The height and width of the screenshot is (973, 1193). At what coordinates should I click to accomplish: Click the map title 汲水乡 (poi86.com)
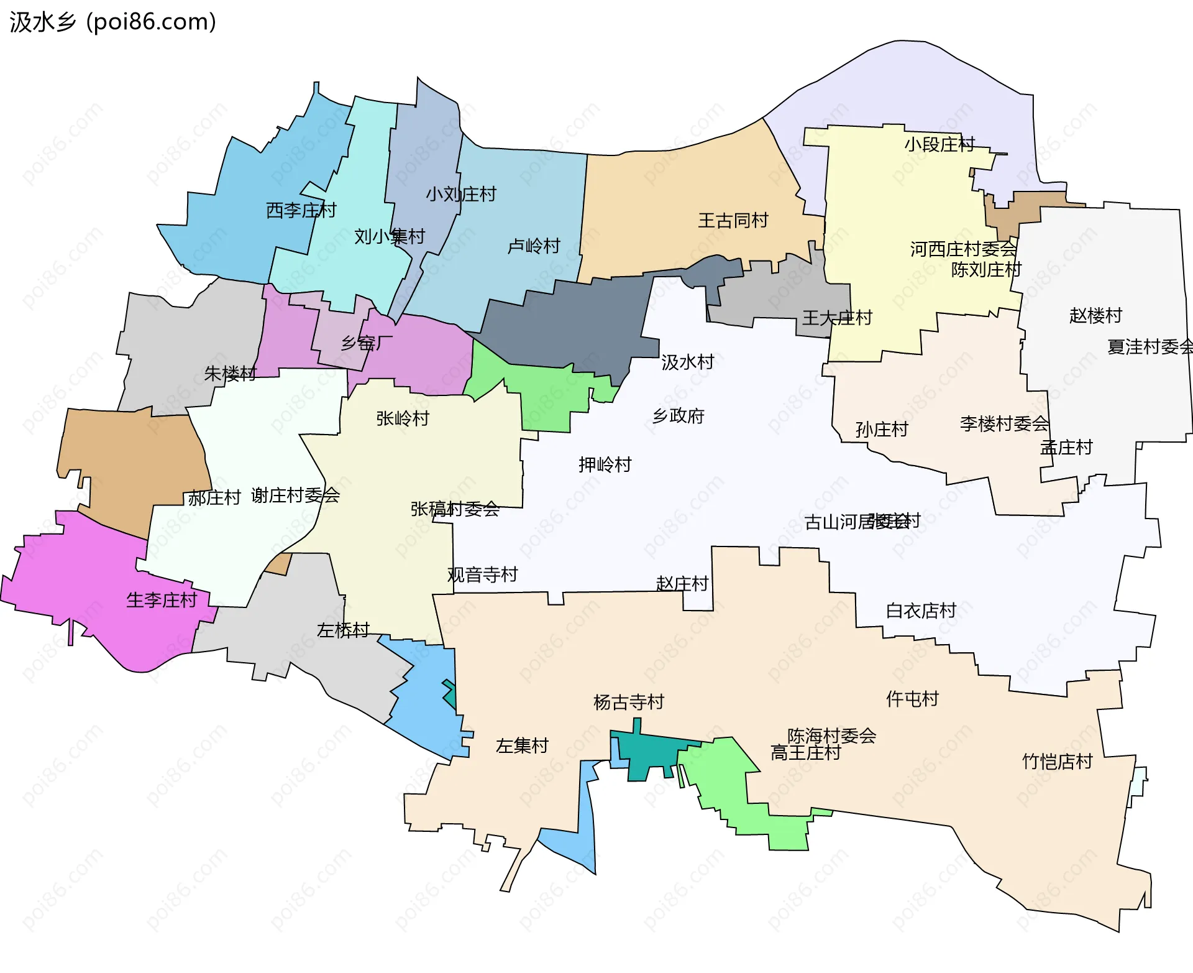point(113,22)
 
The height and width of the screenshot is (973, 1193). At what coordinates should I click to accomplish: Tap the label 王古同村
point(733,221)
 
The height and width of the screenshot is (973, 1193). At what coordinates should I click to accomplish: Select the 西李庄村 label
point(301,211)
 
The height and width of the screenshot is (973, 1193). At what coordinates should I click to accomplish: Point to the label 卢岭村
point(534,247)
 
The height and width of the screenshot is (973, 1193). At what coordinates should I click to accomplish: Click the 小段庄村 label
point(939,145)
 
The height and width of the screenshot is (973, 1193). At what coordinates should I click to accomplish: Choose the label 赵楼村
point(1095,316)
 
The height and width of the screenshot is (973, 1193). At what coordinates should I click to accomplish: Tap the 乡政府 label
point(678,417)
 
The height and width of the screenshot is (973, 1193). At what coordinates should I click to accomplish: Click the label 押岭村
point(605,465)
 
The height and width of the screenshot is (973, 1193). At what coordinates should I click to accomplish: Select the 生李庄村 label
point(162,601)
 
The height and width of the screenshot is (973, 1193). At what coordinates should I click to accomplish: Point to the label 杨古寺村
point(629,703)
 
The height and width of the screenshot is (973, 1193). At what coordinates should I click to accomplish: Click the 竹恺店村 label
point(1057,762)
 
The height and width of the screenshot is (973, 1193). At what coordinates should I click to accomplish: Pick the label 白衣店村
point(921,611)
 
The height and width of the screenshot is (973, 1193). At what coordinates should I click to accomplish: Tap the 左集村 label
point(522,746)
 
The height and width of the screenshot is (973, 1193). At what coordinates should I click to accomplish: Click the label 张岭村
point(403,419)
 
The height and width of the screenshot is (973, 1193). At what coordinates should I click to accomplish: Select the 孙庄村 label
point(882,430)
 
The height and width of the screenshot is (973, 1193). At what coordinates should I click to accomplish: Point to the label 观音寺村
point(483,575)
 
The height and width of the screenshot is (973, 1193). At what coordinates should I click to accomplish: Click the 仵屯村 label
point(912,699)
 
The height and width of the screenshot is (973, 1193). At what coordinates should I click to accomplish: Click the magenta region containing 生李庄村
point(93,578)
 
